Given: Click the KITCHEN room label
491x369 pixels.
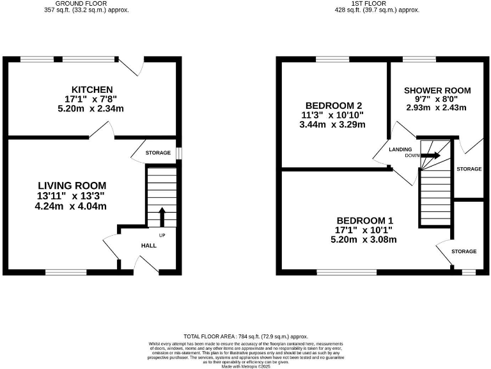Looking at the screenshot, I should [x=92, y=89].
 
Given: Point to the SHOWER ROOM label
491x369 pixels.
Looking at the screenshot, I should [x=437, y=90].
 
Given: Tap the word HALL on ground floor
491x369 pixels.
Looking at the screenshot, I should [x=150, y=245].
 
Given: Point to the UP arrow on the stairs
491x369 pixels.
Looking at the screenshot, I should [x=162, y=217].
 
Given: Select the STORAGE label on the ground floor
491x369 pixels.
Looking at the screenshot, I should [x=157, y=153].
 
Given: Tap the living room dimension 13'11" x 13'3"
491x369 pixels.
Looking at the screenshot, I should [x=70, y=196].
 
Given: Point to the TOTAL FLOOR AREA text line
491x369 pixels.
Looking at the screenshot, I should [x=245, y=336].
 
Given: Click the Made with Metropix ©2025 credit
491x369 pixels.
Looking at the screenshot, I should [x=245, y=365].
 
